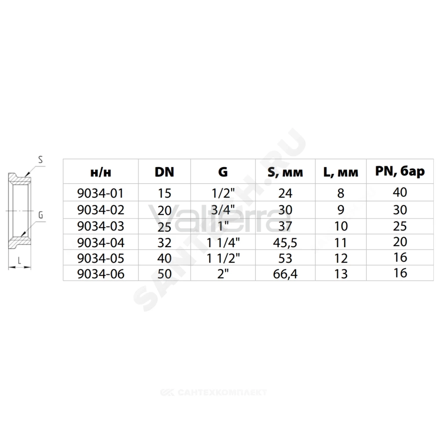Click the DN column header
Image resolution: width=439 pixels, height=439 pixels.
click(x=164, y=172)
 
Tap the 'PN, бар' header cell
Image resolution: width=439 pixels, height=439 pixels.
click(x=400, y=171)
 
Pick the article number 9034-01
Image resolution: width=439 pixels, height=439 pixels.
click(x=101, y=193)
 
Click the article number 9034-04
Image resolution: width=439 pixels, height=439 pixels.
click(x=101, y=243)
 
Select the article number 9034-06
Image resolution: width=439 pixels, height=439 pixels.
click(x=101, y=274)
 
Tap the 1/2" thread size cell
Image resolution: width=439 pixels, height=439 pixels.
click(x=223, y=193)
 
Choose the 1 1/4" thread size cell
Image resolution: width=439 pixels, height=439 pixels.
click(x=223, y=243)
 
